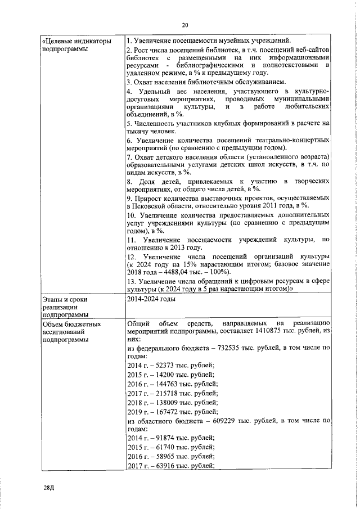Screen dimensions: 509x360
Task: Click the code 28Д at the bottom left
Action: (x=49, y=488)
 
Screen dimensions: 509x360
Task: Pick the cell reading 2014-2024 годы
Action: (x=151, y=299)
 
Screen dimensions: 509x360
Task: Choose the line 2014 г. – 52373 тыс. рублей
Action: (x=170, y=366)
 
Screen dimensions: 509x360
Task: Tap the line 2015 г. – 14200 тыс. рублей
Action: (x=170, y=375)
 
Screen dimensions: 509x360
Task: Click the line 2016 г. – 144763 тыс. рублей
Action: (x=172, y=384)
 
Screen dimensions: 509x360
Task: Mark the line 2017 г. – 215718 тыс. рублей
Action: (x=172, y=394)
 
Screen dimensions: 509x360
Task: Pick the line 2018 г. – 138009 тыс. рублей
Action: (x=172, y=403)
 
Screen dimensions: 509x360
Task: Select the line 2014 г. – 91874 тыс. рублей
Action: (x=170, y=438)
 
